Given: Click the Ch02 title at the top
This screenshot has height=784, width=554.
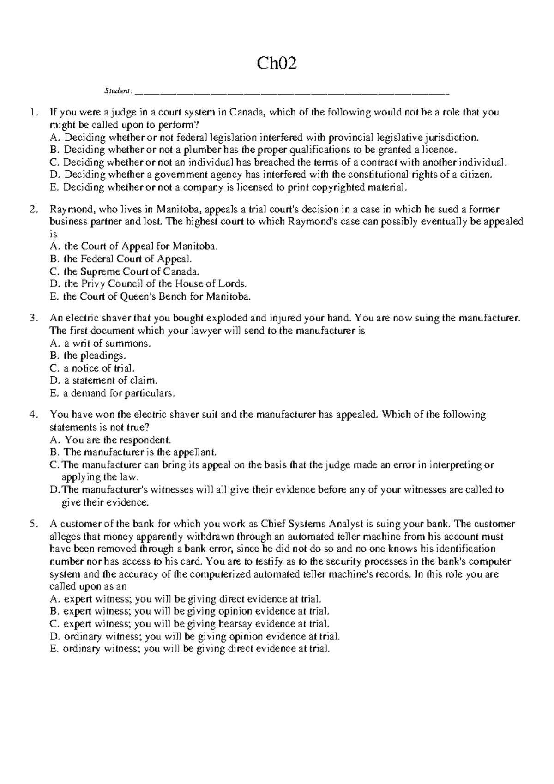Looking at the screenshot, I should tap(277, 63).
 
